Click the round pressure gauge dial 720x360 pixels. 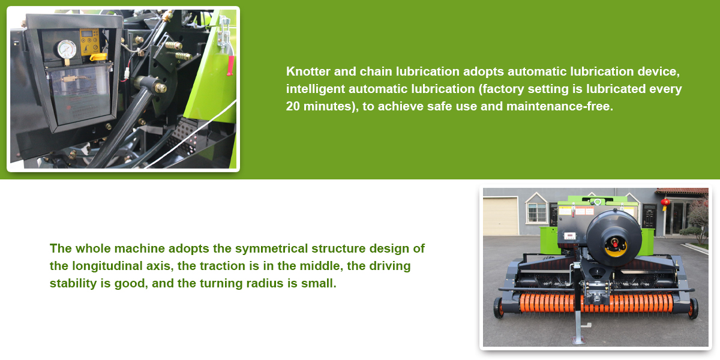[67, 49]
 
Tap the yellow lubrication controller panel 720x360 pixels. [89, 41]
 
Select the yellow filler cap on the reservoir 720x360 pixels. [98, 57]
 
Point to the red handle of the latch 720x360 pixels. [230, 65]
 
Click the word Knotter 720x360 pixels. [308, 71]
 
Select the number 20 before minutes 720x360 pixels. [293, 106]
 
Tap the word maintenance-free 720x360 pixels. [560, 106]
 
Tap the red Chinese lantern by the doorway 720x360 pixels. [665, 203]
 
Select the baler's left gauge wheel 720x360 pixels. [498, 308]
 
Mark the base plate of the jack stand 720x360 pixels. [578, 340]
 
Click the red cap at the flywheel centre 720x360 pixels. [615, 243]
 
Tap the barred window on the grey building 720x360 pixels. [536, 213]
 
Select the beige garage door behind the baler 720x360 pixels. [500, 217]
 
